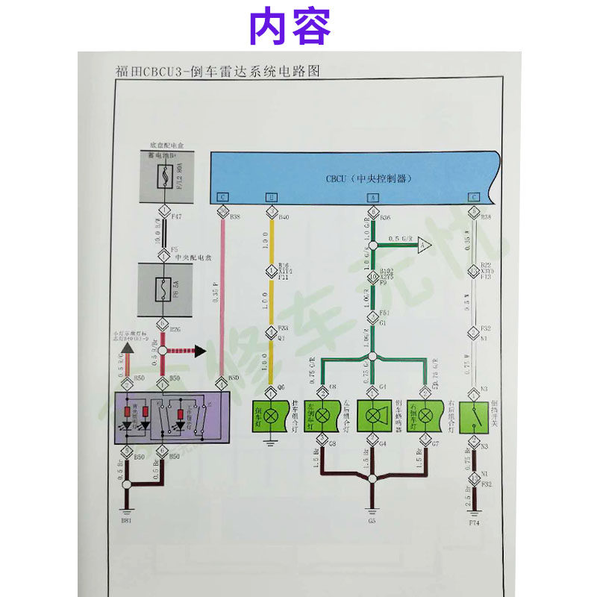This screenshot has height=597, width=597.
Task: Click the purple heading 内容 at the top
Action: coord(290,26)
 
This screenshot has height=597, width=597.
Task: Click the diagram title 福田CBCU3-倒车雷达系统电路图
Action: coord(217,72)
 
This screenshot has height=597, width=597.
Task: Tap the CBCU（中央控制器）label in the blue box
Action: coord(369,179)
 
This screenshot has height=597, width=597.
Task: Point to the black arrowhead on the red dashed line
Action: coord(199,349)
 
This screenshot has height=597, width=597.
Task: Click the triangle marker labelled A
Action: coord(423,244)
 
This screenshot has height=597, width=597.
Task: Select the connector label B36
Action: coord(386,217)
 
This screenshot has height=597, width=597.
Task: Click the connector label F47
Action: coord(176,216)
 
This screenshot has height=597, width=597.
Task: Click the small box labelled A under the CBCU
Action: coord(372,197)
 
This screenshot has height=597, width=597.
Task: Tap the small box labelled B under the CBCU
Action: coord(272,197)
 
